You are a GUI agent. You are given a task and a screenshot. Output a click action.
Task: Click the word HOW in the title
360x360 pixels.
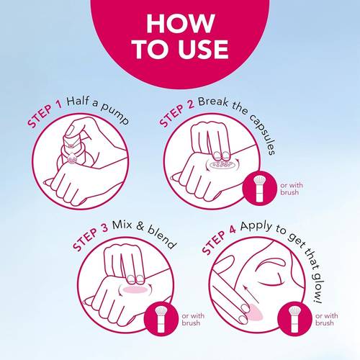point(181,23)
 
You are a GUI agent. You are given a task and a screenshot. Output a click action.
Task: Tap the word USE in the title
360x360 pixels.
point(203,50)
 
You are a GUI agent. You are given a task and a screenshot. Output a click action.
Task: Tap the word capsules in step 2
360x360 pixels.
point(262,135)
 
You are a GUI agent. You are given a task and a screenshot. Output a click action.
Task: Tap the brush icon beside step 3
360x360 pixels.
point(161,319)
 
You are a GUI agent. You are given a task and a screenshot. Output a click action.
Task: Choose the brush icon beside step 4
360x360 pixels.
point(294,319)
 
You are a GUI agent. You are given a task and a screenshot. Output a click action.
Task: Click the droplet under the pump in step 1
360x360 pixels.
point(71,158)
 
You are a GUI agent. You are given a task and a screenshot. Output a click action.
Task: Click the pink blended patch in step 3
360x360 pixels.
point(136,289)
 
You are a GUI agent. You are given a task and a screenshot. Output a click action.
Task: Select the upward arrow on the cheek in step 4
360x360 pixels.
point(251,294)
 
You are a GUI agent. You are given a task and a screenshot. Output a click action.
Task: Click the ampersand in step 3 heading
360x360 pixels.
point(140,226)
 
